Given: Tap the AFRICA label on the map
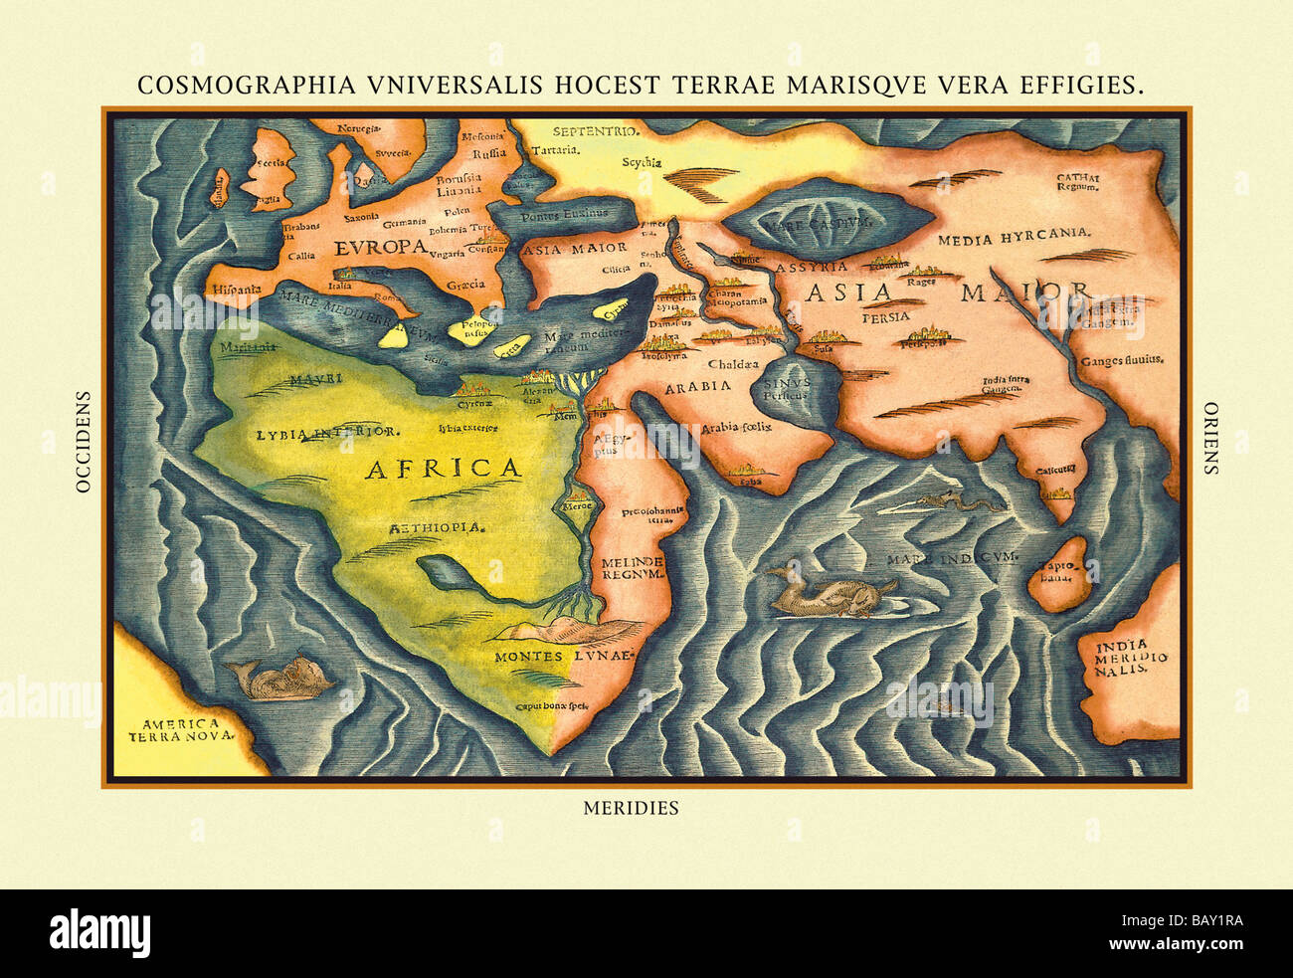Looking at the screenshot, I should [x=443, y=469].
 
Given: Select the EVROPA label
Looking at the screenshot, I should [x=381, y=247].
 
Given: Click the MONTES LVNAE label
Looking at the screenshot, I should [x=564, y=657].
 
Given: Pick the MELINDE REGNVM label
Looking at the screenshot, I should [x=632, y=568].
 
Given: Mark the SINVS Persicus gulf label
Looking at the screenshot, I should [x=784, y=387].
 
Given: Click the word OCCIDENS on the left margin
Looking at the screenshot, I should [x=84, y=441].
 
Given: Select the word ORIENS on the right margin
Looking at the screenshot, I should [x=1210, y=438].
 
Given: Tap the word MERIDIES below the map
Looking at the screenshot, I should [x=631, y=808].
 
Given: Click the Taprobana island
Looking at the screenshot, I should [x=1057, y=572].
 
